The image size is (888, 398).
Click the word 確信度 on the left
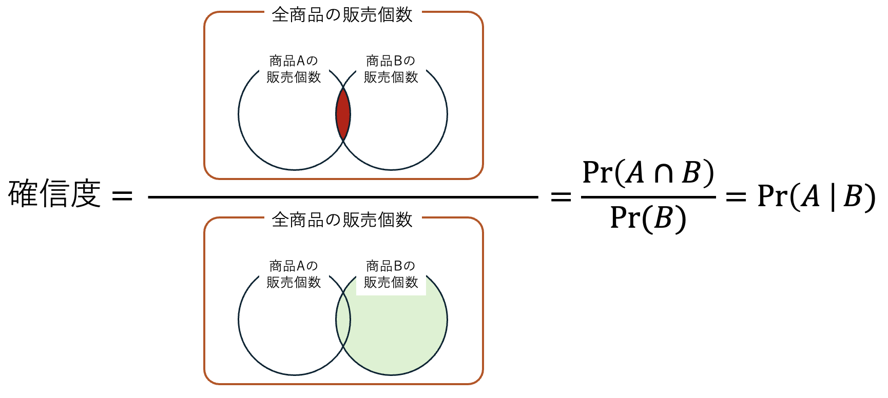coord(54,194)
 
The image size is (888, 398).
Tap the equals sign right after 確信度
coord(122,195)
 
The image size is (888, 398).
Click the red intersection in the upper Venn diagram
coord(343,114)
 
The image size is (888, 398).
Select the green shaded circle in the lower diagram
coord(400,328)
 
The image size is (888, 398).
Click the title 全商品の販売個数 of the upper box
coord(342,15)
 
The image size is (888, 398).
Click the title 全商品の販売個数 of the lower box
coord(342,220)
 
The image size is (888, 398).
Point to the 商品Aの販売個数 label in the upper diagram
coord(294,69)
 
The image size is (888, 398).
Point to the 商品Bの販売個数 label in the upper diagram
coord(391,69)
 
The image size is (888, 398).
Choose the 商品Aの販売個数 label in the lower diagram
coord(294,274)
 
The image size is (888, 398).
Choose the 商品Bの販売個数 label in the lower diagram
coord(391,274)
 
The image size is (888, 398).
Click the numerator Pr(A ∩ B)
coord(648,173)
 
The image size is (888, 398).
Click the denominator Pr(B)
coord(648,218)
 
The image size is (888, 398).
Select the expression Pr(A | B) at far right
coord(816,196)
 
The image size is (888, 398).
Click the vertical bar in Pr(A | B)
coord(832,197)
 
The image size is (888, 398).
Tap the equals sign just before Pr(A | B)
coord(736,196)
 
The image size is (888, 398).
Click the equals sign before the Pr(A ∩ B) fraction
coord(561,196)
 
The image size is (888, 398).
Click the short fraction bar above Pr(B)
coord(648,197)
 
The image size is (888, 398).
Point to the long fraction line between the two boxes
coord(343,197)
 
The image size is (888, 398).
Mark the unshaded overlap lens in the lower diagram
coord(343,320)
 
